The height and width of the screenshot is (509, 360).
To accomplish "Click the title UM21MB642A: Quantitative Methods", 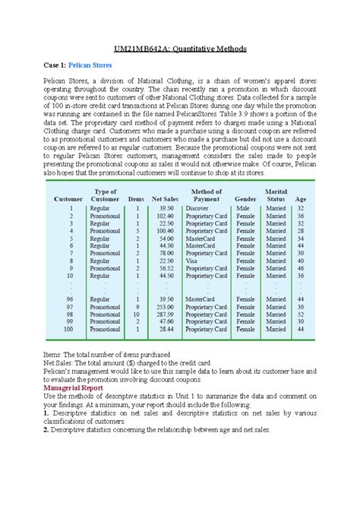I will click(180, 49).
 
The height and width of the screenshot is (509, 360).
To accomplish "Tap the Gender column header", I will click(246, 198).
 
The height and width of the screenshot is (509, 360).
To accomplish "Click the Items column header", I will click(137, 198).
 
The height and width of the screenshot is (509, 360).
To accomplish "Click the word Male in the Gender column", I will click(243, 208).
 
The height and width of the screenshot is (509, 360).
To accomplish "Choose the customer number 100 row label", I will click(69, 330).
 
